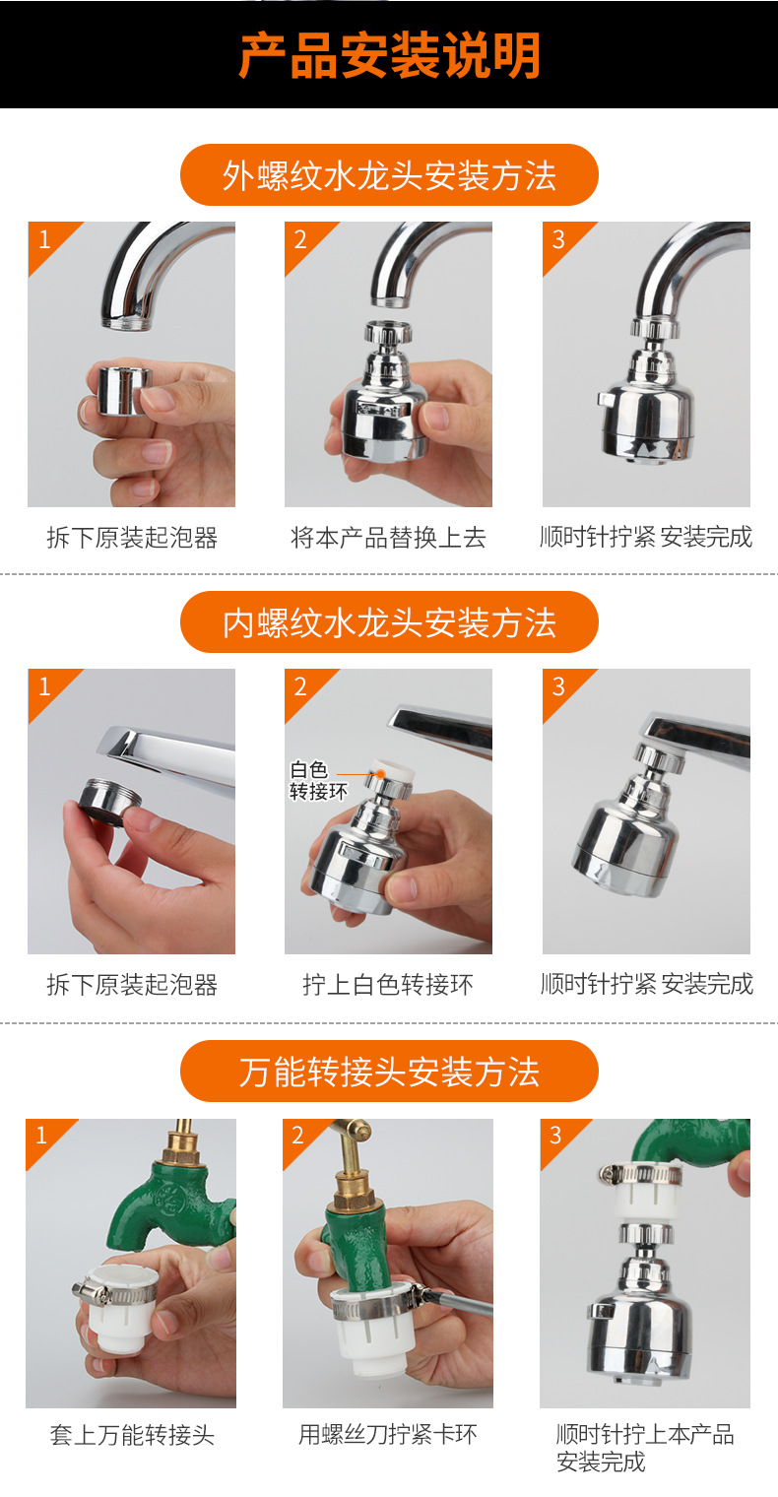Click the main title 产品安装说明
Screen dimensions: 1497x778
[389, 56]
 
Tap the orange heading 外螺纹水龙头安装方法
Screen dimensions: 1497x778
[389, 175]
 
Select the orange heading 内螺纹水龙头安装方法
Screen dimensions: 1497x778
[389, 622]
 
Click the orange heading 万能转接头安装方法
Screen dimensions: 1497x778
[389, 1071]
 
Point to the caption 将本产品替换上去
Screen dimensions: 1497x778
[388, 538]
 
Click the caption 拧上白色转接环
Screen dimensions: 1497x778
[388, 985]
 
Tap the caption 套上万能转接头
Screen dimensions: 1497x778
[131, 1435]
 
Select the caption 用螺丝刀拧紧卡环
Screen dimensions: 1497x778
[388, 1435]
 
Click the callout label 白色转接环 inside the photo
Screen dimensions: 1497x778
[317, 781]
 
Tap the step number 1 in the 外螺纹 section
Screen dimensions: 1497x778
[44, 239]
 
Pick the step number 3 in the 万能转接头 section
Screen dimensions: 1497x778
[555, 1136]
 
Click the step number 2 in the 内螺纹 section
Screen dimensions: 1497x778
[301, 686]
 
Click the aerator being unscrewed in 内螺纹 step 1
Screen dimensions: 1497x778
[108, 798]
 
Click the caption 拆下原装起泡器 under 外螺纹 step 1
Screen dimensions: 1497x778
[131, 538]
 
